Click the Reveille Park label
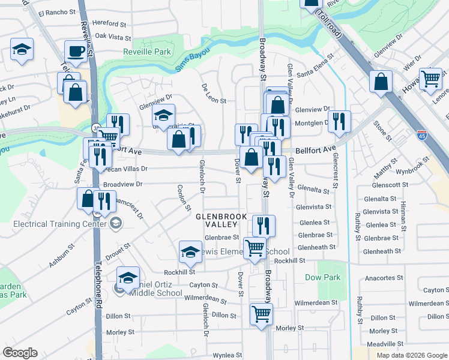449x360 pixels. coord(147,52)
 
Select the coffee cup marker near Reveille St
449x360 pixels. coord(76,52)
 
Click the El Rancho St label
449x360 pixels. coord(56,12)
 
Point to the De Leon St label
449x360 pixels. coord(214,94)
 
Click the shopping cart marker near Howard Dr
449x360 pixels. coord(430,79)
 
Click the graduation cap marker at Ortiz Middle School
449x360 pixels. coord(128,277)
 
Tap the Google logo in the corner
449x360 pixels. coord(20,353)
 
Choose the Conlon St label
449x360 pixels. coord(181,194)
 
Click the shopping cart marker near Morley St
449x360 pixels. coord(261,313)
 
